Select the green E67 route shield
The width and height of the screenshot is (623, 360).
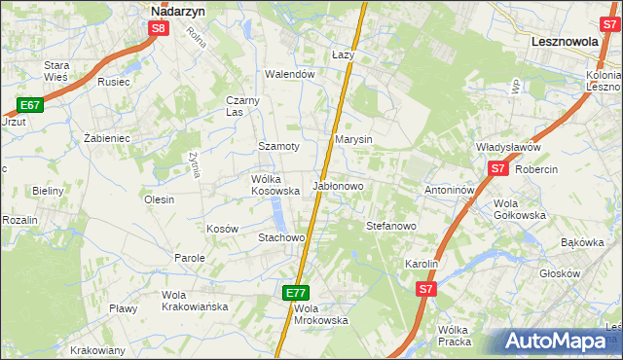point(29,105)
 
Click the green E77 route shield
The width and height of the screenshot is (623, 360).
point(297,293)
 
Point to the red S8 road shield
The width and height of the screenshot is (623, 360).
point(160,29)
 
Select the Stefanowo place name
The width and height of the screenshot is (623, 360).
point(390,226)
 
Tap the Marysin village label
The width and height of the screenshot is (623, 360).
point(353,140)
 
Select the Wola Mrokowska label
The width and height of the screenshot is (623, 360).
point(320,314)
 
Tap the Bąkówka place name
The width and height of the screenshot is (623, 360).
point(583,242)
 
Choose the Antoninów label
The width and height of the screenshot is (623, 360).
point(449,190)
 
